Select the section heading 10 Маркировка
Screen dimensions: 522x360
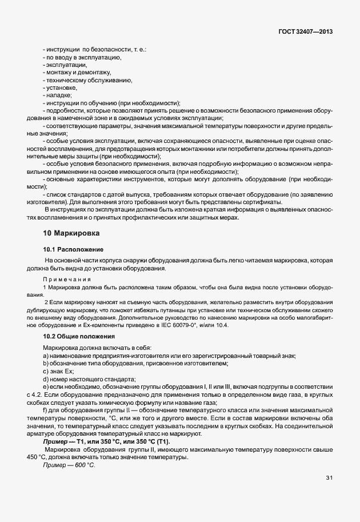click(x=71, y=233)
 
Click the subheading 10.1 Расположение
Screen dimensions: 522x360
click(x=73, y=250)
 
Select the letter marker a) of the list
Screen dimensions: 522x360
click(x=45, y=356)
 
